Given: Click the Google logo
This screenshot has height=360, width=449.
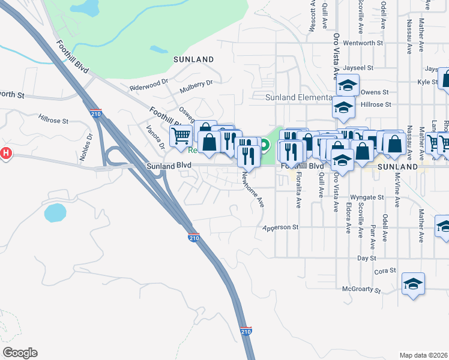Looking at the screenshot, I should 20,352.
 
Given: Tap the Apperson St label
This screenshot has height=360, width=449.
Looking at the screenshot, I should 280,227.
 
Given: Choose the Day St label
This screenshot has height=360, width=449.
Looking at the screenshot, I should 366,257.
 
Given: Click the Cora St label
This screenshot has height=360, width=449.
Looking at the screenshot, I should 385,271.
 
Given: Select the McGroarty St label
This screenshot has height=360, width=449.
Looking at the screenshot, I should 361,289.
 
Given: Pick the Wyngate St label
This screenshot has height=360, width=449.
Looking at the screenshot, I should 366,197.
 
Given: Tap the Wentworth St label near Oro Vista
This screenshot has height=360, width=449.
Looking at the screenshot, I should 363,43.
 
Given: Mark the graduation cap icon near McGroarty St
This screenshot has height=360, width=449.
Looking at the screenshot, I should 413,285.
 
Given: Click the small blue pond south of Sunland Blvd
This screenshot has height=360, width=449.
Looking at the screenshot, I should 55,212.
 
